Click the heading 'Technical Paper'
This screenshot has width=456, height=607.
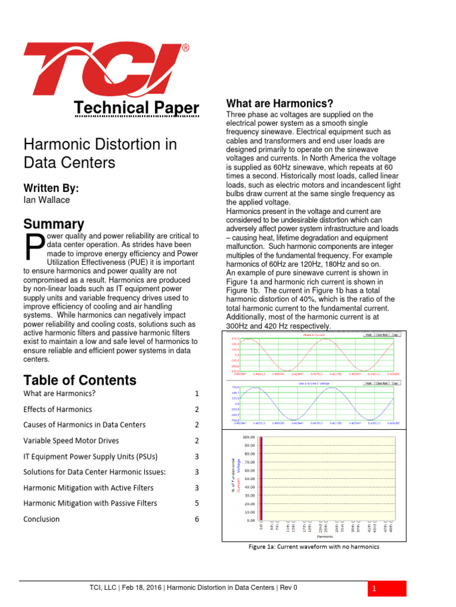[x=136, y=108]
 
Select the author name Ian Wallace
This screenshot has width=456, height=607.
[x=46, y=200]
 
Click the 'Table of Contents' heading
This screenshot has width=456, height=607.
[x=80, y=380]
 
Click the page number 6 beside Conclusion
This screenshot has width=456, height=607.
[x=197, y=519]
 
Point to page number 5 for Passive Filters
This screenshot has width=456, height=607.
[x=197, y=503]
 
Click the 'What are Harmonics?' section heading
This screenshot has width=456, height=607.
[x=280, y=103]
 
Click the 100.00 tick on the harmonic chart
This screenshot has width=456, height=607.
[x=249, y=437]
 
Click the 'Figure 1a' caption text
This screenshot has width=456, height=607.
[x=313, y=547]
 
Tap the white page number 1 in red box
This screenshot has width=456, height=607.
[x=375, y=589]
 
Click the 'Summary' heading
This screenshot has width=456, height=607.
[x=53, y=224]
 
